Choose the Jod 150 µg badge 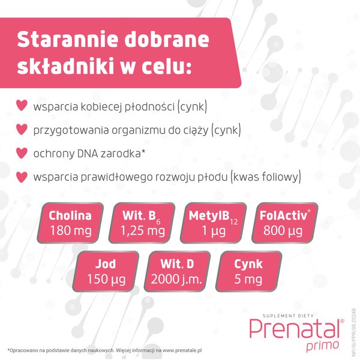(x=105, y=271)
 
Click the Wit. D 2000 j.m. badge (x=177, y=271)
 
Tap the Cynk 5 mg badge (x=248, y=271)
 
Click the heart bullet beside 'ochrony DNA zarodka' (x=22, y=154)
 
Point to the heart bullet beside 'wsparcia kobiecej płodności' (x=22, y=107)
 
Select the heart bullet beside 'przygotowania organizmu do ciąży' (x=22, y=130)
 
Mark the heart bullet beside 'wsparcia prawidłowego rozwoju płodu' (x=22, y=177)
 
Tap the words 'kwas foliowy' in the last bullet (x=268, y=178)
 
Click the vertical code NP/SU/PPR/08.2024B (x=353, y=327)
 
